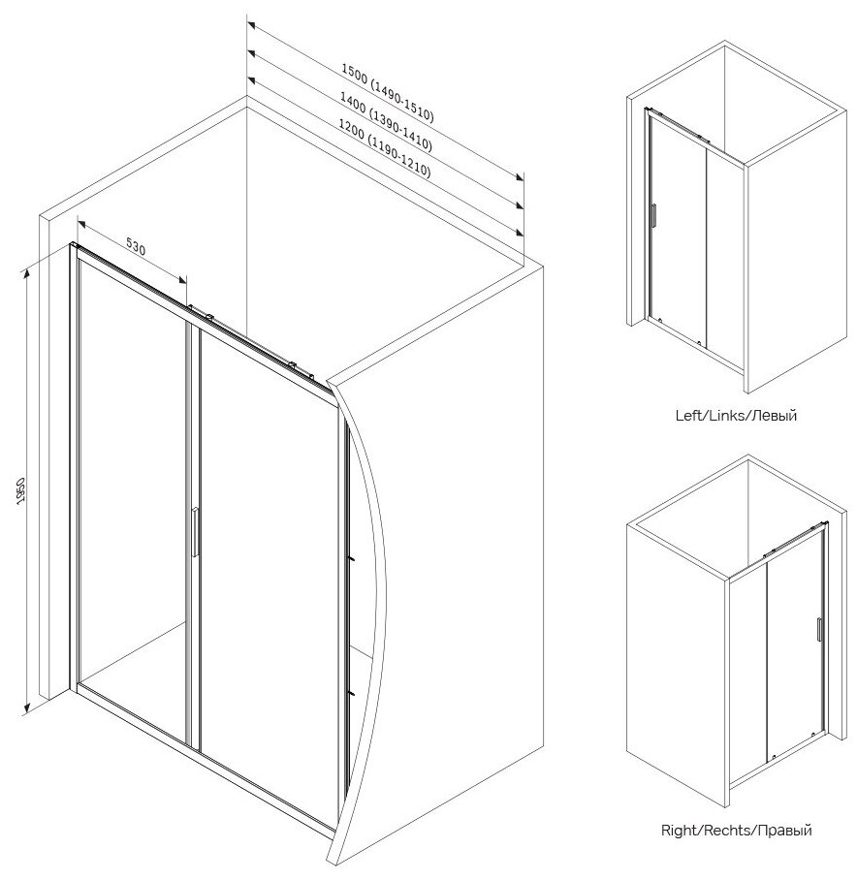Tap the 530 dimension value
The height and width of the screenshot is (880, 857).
pos(135,248)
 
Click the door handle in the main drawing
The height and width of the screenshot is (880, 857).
pos(195,532)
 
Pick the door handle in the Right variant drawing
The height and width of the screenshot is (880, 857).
pos(818,629)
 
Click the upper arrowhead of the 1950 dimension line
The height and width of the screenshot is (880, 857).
pos(30,267)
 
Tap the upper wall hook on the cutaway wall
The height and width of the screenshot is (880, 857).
pos(353,559)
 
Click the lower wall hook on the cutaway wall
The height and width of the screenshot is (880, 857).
pos(353,692)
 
